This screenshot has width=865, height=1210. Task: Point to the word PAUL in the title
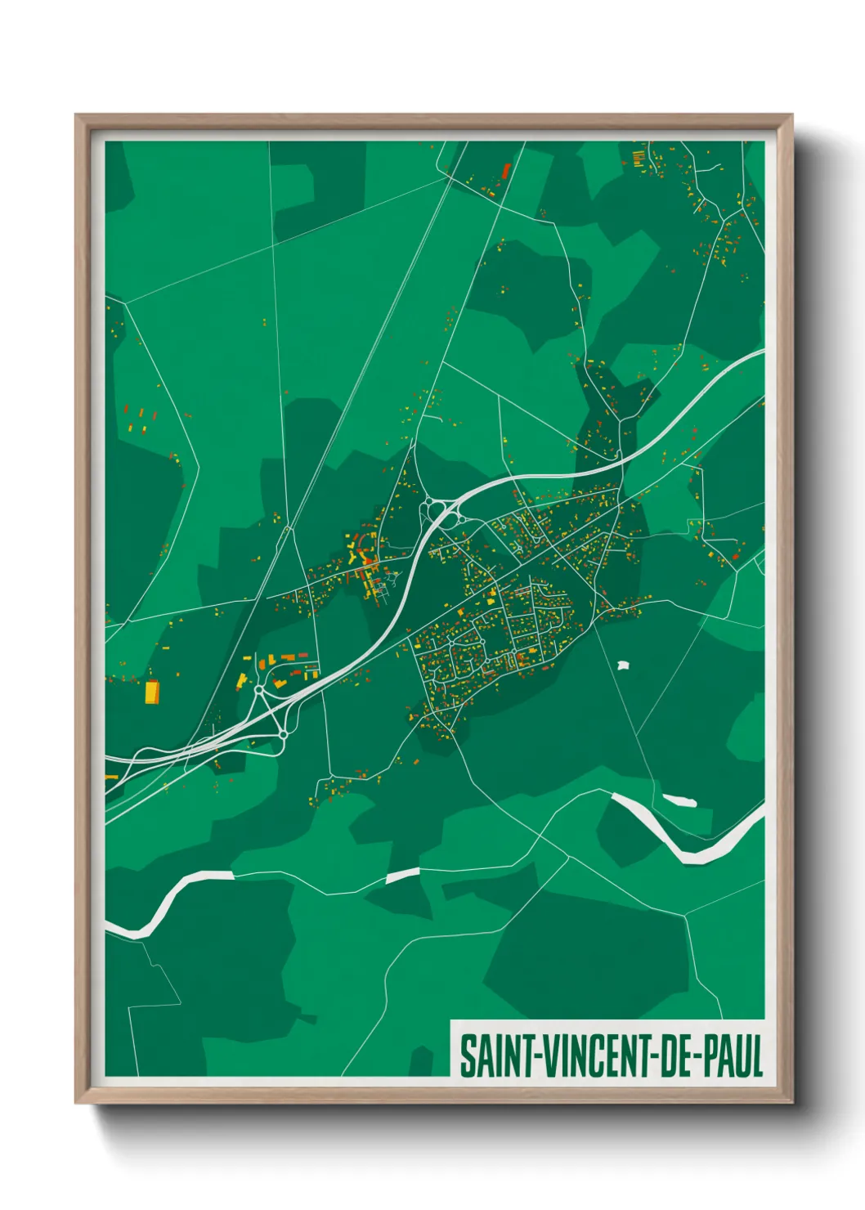point(732,1056)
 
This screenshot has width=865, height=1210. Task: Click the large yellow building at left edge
point(151,692)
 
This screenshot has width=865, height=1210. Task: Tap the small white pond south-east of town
point(624,665)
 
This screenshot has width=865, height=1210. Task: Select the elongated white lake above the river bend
point(679,800)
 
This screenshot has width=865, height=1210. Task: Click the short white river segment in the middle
point(402,876)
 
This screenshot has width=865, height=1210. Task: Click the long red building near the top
point(505,172)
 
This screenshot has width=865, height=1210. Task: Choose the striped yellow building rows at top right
point(639,156)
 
